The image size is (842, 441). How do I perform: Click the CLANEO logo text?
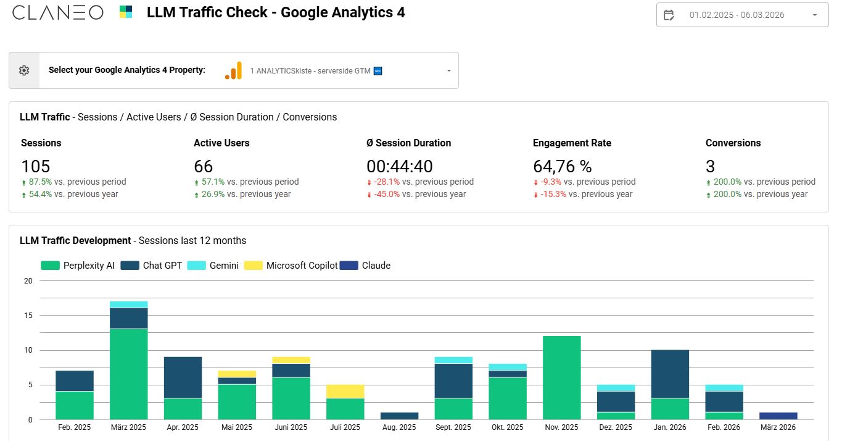click(x=57, y=12)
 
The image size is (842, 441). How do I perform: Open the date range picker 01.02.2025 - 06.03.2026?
click(x=742, y=15)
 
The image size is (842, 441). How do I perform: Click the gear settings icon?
click(x=24, y=70)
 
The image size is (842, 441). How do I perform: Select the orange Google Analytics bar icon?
click(x=233, y=70)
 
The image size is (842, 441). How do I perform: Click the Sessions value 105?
click(x=36, y=166)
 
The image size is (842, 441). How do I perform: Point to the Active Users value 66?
click(x=203, y=166)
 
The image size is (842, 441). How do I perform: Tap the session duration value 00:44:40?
click(x=400, y=166)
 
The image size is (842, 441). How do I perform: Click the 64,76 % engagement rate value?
click(x=562, y=166)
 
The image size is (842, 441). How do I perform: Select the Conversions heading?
click(x=733, y=143)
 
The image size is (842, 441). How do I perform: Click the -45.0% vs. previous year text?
click(x=416, y=194)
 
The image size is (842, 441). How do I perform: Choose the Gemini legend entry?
click(x=213, y=266)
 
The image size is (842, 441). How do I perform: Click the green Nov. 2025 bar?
click(x=561, y=378)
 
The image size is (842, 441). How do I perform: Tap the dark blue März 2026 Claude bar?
click(x=778, y=416)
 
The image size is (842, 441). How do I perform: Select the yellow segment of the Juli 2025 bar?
click(x=345, y=392)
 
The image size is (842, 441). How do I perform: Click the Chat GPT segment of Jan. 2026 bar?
click(x=670, y=374)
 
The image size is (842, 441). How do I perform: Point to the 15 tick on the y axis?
click(x=28, y=316)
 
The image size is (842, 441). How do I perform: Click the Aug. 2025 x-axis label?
click(x=399, y=427)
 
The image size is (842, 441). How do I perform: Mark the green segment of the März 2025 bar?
click(x=128, y=374)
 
